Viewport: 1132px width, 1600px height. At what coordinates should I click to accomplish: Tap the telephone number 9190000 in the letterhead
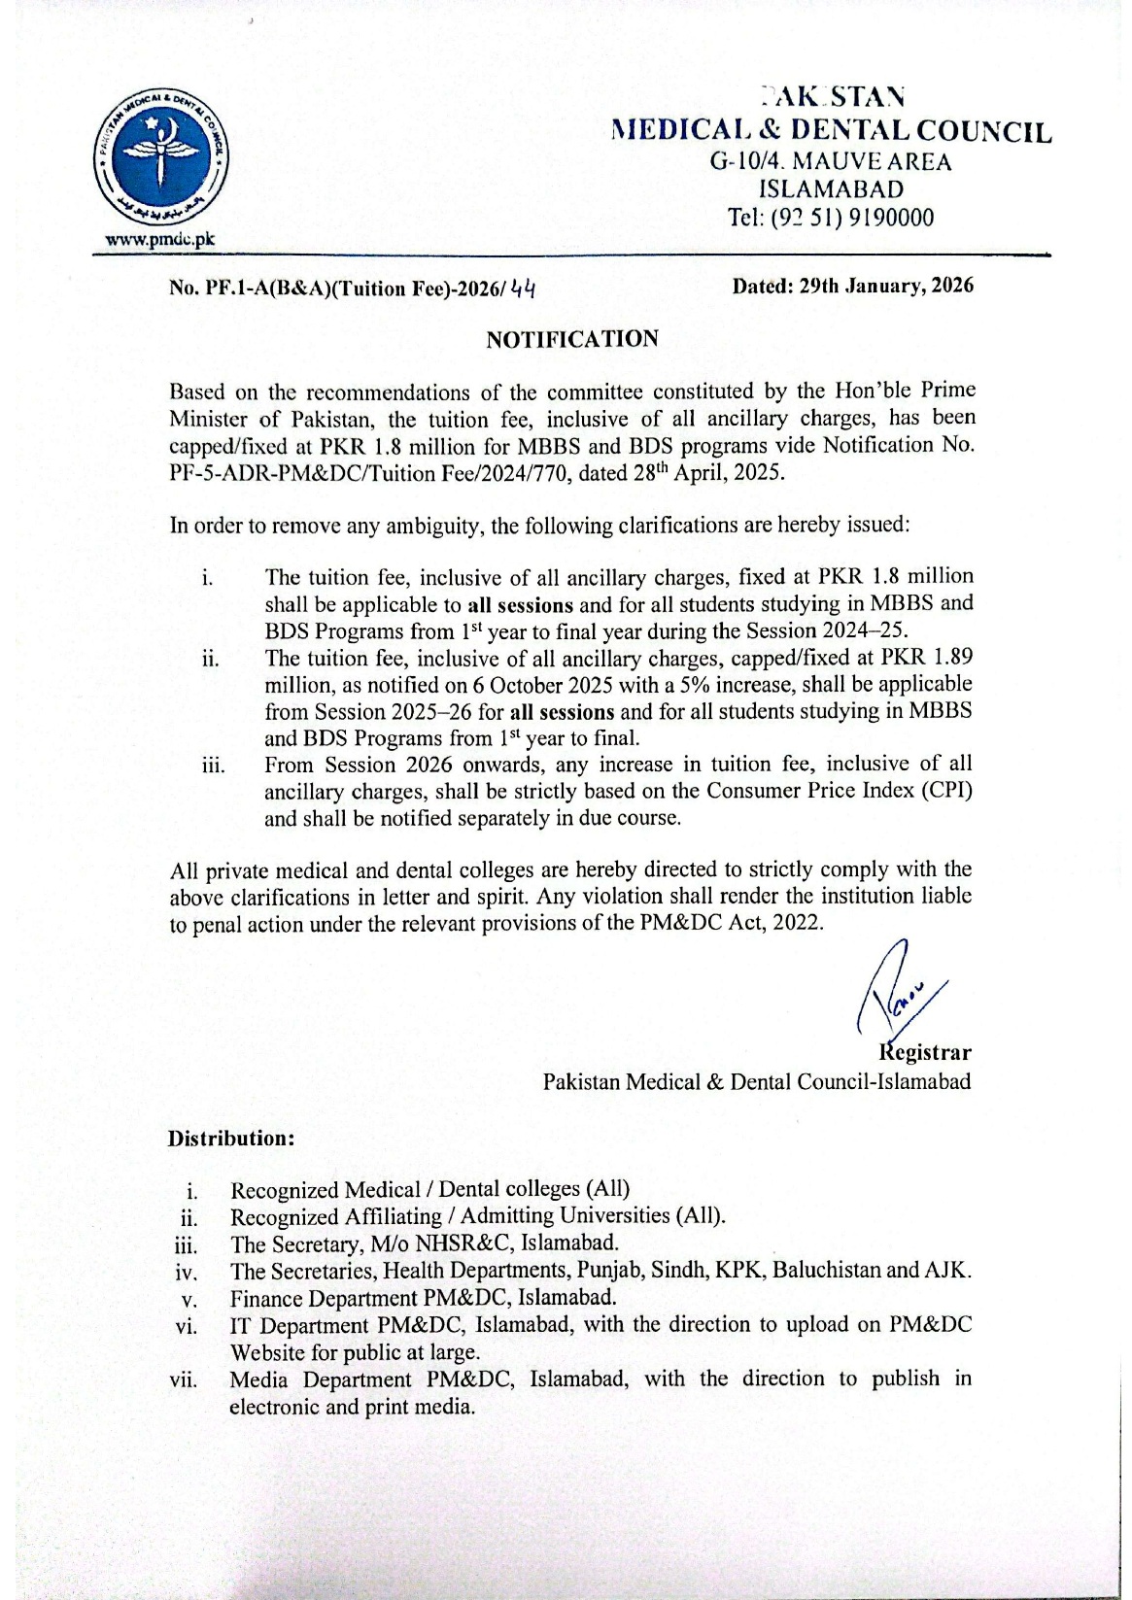click(x=890, y=218)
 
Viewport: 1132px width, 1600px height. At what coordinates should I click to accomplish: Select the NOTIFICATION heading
click(x=572, y=339)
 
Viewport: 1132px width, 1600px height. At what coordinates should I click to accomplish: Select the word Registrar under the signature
click(x=925, y=1052)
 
